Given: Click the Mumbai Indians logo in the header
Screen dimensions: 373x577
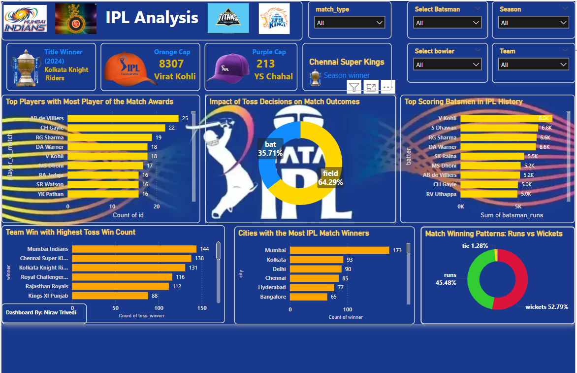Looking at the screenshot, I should (x=26, y=19).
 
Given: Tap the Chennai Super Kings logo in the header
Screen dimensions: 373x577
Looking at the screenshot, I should (x=274, y=19).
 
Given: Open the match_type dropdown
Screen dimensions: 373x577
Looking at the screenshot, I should (x=350, y=23).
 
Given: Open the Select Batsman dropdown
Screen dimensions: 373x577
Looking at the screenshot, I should (x=448, y=23).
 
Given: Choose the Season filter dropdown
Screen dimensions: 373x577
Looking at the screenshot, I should (x=533, y=23).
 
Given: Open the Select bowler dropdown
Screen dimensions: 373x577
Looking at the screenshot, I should (x=448, y=65).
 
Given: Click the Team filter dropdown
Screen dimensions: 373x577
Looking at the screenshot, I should (x=533, y=65).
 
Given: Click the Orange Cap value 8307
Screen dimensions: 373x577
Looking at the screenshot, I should (x=171, y=64).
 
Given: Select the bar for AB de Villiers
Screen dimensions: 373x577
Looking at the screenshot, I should (x=123, y=118).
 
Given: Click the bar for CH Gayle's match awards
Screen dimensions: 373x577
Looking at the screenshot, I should (x=116, y=128).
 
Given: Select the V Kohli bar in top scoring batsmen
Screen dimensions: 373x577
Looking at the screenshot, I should (x=506, y=118).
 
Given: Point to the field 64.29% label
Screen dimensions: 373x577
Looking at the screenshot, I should (x=330, y=178).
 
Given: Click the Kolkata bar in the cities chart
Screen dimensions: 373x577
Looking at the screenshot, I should (x=316, y=260).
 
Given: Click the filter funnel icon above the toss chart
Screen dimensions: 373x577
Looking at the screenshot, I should (x=354, y=88).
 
